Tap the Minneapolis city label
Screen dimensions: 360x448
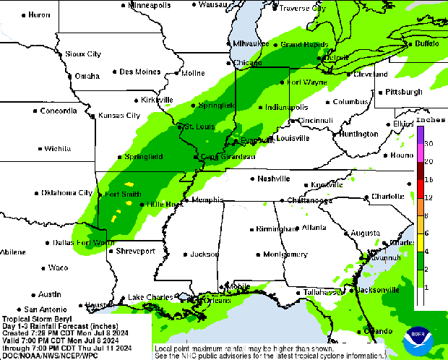[x=150, y=5]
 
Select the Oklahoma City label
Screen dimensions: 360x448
[x=66, y=193]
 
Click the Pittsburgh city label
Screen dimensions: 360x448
[x=403, y=93]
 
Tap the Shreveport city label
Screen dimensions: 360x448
[x=135, y=251]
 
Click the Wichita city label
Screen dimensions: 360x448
[x=58, y=149]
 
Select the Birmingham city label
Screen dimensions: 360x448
[x=277, y=228]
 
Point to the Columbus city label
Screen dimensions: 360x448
[x=351, y=102]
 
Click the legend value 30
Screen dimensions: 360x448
[x=428, y=144]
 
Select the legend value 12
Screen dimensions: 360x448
[x=428, y=197]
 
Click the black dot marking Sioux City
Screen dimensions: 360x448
[x=60, y=54]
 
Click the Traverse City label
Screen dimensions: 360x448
[x=302, y=9]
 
